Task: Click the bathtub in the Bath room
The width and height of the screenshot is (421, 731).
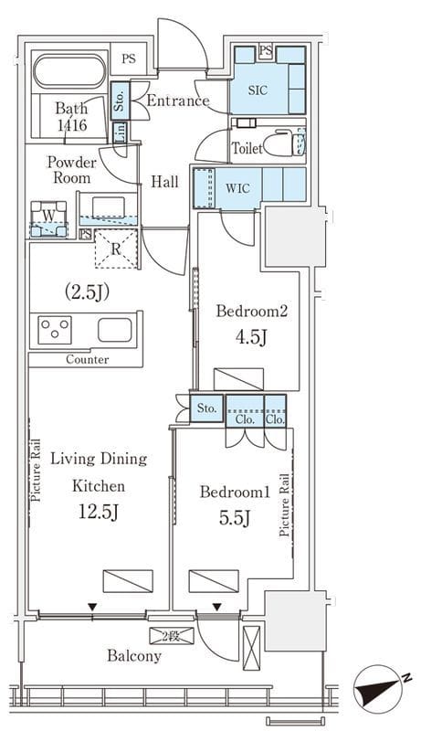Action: click(69, 71)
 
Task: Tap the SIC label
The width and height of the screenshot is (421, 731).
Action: click(258, 90)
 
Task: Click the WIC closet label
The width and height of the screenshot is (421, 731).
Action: click(237, 188)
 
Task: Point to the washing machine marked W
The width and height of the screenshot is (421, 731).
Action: click(48, 218)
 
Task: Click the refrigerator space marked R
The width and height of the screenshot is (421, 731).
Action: click(116, 249)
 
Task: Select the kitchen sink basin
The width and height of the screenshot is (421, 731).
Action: click(114, 330)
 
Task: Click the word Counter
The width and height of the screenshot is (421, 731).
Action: click(88, 359)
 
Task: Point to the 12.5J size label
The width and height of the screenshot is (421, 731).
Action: click(99, 513)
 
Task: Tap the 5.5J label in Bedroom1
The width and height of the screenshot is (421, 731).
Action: click(236, 516)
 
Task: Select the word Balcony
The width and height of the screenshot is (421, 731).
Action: click(134, 656)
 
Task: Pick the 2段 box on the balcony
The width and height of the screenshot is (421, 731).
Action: click(172, 636)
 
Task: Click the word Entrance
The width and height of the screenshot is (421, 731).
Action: click(178, 101)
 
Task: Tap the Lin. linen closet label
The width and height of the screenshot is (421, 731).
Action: click(120, 132)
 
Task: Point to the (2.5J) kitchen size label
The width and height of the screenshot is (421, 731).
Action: click(86, 292)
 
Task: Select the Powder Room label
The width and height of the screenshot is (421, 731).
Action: click(72, 170)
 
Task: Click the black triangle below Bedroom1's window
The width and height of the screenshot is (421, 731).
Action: click(217, 607)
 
